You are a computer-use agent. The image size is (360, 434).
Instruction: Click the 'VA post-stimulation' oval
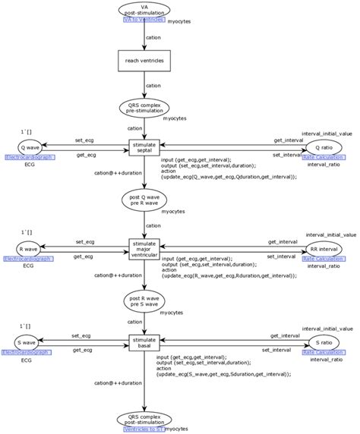[x=144, y=10]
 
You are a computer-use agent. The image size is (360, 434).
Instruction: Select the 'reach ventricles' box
[x=144, y=59]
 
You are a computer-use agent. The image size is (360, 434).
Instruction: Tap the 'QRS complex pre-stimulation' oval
[x=144, y=108]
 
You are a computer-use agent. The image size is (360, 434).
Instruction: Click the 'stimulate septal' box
[x=144, y=148]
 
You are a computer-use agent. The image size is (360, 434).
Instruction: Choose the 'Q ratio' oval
[x=324, y=147]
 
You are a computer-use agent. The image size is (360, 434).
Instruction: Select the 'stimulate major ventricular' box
[x=144, y=249]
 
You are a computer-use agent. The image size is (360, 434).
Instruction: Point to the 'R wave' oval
[x=30, y=249]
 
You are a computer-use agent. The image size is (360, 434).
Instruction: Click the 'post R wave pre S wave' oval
[x=144, y=303]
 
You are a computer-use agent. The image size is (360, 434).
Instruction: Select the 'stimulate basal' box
[x=144, y=343]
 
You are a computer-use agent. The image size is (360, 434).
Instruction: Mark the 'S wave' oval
[x=29, y=343]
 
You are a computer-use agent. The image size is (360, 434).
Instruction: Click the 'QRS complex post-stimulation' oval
[x=144, y=420]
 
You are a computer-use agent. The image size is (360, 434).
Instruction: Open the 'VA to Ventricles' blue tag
[x=144, y=20]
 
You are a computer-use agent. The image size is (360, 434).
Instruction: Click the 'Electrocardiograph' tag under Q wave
[x=30, y=157]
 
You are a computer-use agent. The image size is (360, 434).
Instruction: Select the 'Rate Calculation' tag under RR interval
[x=324, y=259]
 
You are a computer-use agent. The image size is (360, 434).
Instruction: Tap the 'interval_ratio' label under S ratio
[x=325, y=360]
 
